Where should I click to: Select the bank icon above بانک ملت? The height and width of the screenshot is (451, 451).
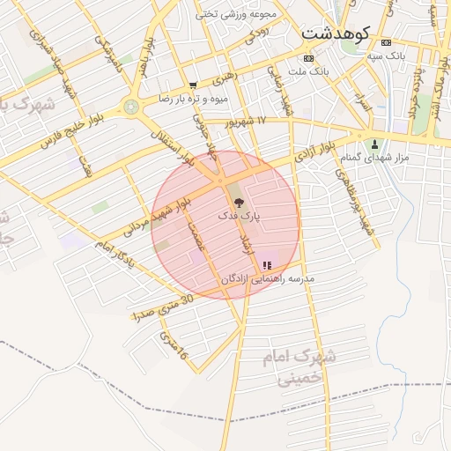coord(307,58)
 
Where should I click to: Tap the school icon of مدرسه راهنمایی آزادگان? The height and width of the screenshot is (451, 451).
coord(267,264)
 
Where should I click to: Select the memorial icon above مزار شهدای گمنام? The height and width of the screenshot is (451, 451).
coord(376,144)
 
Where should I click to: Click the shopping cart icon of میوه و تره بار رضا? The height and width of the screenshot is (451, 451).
coord(193,85)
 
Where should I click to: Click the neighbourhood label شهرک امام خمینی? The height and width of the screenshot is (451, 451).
coord(299,368)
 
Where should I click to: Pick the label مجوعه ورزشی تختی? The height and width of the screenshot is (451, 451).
coord(237,13)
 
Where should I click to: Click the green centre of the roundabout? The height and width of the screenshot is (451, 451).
coord(132,107)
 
